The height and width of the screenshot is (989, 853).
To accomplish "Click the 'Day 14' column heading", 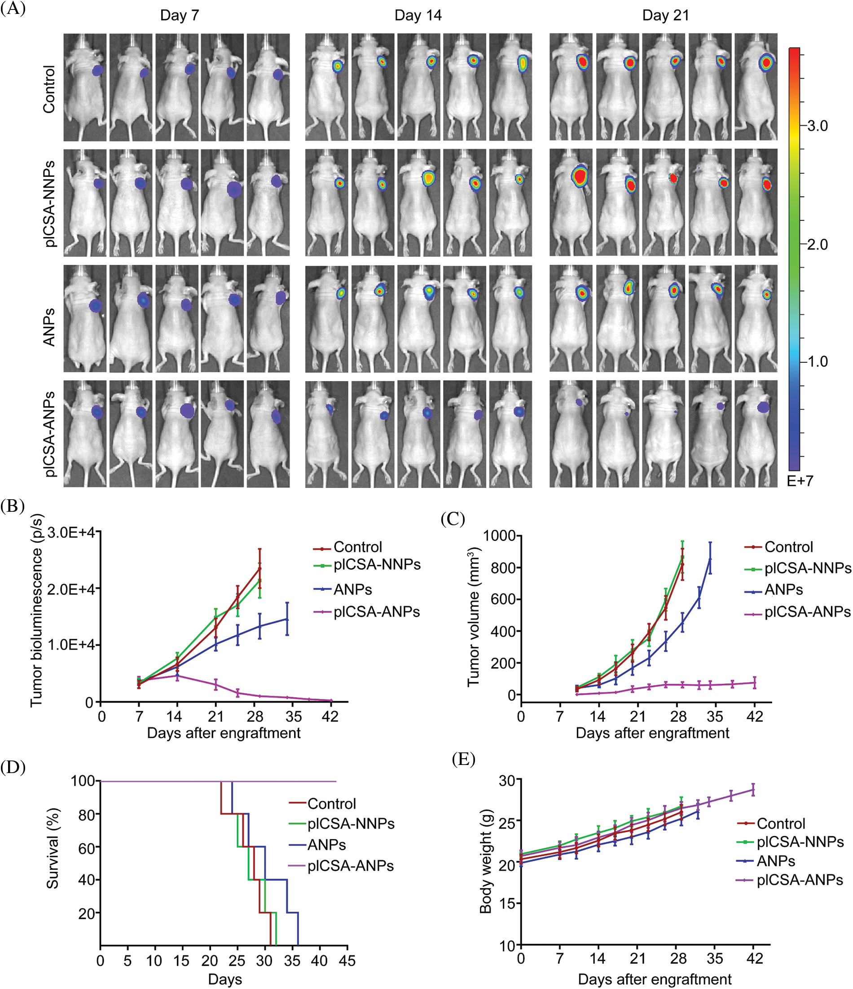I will coord(418,15).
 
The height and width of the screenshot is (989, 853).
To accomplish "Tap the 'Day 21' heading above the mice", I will coord(665,15).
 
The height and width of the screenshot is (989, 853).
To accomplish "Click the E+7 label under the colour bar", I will coord(800,481).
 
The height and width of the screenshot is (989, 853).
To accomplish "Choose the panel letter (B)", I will coord(13,506).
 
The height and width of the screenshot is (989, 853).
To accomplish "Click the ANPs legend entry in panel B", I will coord(352,589).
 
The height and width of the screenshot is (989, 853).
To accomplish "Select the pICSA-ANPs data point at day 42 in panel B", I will coord(331,701).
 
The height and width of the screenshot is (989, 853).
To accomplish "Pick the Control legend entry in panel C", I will coord(788,547).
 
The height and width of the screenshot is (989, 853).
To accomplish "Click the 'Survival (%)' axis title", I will coord(53,848).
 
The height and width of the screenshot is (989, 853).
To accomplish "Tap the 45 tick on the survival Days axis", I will coord(347,960).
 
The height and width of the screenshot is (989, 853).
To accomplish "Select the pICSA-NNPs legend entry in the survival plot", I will coord(351,823).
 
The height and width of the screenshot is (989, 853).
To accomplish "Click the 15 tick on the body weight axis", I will coord(507,903).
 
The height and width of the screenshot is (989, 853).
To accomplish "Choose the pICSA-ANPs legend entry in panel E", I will coord(800,880).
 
